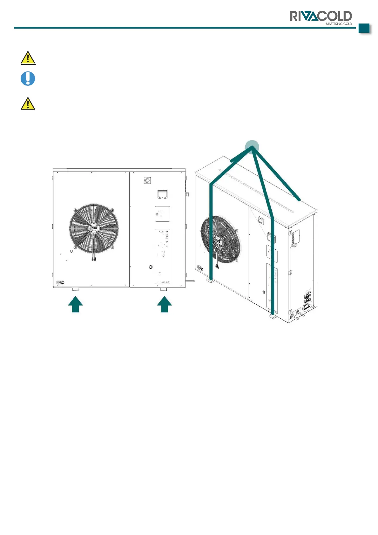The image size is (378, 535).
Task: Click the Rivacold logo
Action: click(321, 17)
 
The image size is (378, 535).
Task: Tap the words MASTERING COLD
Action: click(339, 24)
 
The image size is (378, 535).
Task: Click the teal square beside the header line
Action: click(364, 28)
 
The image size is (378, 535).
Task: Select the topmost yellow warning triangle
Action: click(28, 58)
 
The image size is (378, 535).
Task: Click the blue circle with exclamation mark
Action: click(28, 78)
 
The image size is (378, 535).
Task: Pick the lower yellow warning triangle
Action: click(28, 104)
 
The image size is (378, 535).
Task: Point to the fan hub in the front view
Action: click(94, 228)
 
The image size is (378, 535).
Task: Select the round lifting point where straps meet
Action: click(252, 147)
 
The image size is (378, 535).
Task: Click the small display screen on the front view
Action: click(162, 193)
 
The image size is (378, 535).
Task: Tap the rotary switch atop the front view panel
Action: click(147, 180)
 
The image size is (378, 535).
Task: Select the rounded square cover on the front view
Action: click(162, 214)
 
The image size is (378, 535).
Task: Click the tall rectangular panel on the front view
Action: click(162, 256)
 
